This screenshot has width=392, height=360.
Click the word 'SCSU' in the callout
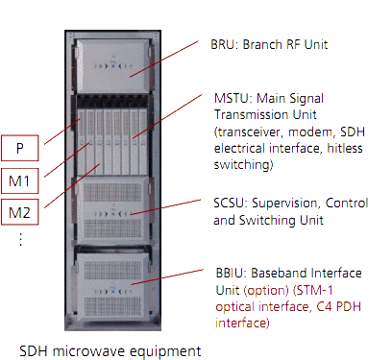pyautogui.click(x=228, y=204)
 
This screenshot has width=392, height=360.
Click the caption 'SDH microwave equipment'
pyautogui.click(x=110, y=348)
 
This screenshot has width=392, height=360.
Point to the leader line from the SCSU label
pyautogui.click(x=173, y=209)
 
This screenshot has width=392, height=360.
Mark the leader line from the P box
pyautogui.click(x=58, y=133)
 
